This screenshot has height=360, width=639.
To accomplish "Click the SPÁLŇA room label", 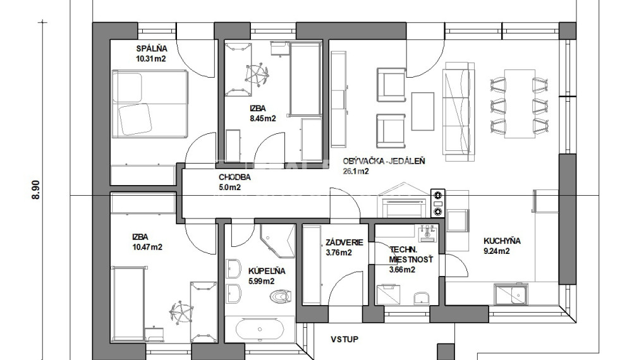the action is click(x=152, y=49).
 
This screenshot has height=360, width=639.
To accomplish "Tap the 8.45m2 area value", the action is click(x=263, y=119).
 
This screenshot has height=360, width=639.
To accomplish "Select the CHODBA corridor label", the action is click(x=234, y=177).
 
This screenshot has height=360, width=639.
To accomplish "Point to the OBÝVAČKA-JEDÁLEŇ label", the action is click(x=384, y=161).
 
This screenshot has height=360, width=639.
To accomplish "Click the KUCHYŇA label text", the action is click(x=502, y=241).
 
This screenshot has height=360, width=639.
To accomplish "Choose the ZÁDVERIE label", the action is click(x=344, y=243).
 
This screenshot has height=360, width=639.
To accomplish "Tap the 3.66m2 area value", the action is click(x=402, y=269).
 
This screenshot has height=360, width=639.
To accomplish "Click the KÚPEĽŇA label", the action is click(x=267, y=271).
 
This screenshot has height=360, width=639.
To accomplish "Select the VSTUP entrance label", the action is click(x=344, y=339).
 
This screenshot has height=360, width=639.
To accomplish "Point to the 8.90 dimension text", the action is click(x=36, y=189).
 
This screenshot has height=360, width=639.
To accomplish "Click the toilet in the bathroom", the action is click(x=281, y=296).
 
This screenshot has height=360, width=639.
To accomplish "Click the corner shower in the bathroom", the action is click(x=277, y=241).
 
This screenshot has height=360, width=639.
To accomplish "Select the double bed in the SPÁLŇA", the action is click(x=150, y=104).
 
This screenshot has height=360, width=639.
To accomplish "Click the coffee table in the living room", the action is click(x=423, y=111).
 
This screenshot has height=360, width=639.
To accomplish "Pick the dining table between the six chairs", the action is click(x=520, y=104).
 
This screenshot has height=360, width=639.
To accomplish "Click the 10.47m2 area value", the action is click(x=147, y=247).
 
